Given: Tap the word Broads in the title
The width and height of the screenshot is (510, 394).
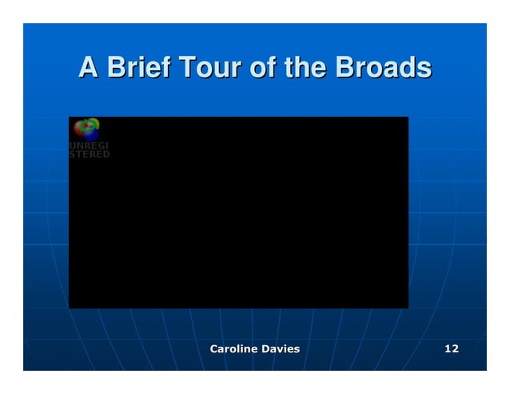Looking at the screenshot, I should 383,69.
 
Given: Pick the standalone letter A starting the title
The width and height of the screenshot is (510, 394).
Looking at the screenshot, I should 89,69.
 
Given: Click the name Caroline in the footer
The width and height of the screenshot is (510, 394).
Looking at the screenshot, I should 236,349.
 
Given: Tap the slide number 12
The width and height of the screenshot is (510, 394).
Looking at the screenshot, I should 452,349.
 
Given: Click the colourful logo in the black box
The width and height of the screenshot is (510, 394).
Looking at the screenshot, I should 86,129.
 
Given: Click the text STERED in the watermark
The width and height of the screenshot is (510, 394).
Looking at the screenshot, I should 90,154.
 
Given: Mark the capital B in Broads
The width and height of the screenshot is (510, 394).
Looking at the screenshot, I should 345,69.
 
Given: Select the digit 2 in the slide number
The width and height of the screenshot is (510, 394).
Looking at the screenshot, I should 455,349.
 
